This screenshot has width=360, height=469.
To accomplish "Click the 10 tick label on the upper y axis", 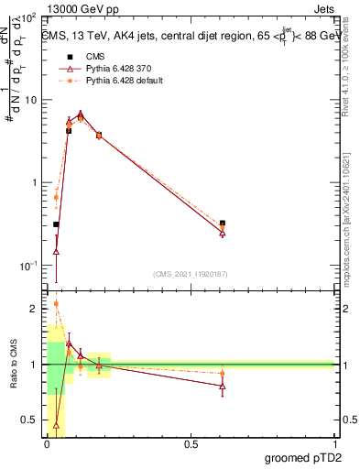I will (31, 100).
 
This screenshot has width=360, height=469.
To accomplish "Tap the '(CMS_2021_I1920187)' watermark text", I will (191, 274).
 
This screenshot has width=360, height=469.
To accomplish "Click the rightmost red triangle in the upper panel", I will (223, 233).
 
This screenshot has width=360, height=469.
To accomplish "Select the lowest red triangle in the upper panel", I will (57, 251).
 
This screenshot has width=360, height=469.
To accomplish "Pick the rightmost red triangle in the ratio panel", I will (223, 386).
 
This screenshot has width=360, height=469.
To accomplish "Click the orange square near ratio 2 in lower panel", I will (57, 304).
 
